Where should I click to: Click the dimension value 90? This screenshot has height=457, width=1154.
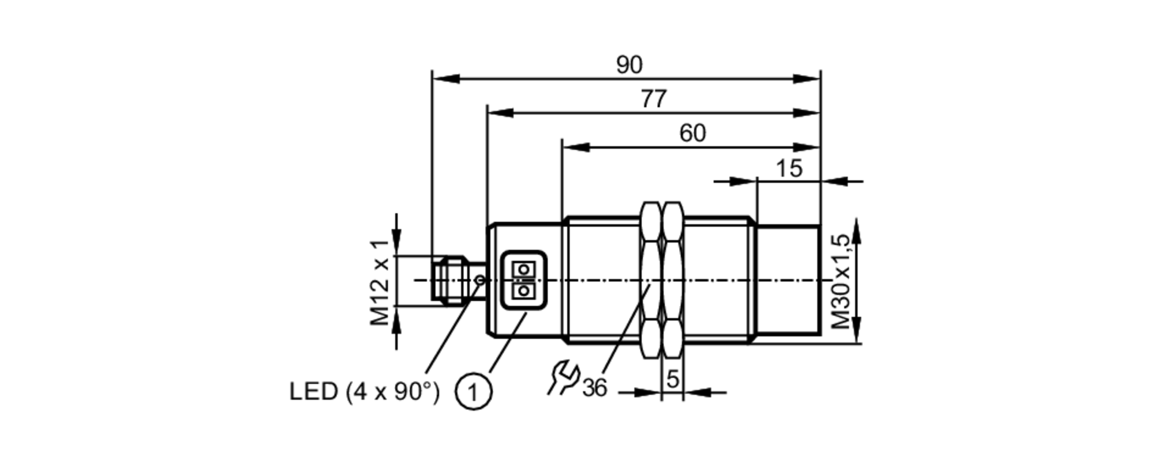click(628, 65)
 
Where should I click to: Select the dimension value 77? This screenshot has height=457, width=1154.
click(654, 99)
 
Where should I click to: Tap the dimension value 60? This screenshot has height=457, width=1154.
click(692, 133)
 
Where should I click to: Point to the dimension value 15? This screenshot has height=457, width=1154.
click(788, 168)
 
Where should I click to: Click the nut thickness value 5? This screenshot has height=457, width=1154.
click(672, 379)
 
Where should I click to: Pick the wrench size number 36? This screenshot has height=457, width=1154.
click(594, 388)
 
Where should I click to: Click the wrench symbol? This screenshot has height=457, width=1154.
click(563, 377)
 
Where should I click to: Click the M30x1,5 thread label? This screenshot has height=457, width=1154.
click(841, 281)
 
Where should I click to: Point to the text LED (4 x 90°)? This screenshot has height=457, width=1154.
click(364, 392)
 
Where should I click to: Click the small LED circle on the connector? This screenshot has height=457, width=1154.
click(479, 280)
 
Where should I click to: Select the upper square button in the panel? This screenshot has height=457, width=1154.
click(523, 269)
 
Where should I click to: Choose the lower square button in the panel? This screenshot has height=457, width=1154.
click(523, 291)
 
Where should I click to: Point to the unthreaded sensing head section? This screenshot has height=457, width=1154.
click(788, 281)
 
